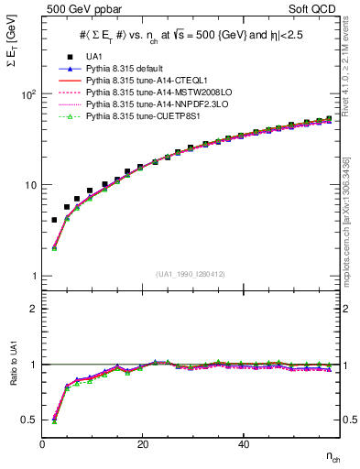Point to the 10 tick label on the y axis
[31, 185]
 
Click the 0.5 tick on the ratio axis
[28, 420]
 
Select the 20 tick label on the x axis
[142, 444]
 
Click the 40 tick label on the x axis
[243, 444]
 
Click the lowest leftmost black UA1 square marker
[55, 220]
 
